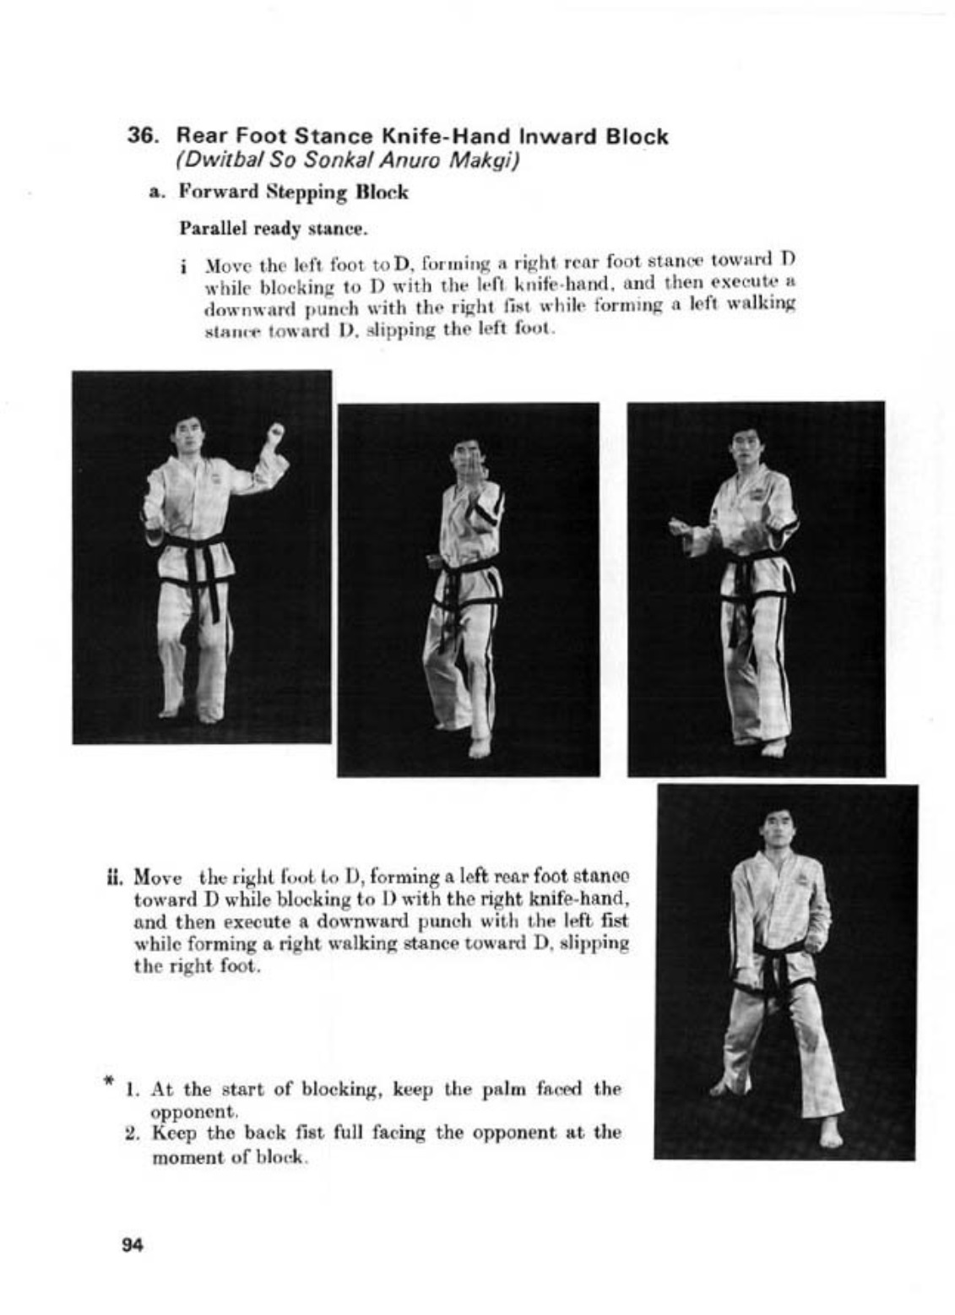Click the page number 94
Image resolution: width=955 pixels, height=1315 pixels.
[133, 1244]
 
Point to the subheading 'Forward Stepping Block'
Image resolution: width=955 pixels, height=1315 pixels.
[293, 193]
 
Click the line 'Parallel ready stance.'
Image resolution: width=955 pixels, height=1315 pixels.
[274, 229]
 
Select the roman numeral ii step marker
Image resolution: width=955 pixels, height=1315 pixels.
[117, 876]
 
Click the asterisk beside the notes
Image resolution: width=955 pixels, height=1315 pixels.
[108, 1081]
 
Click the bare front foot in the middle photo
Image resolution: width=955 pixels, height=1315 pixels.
[480, 747]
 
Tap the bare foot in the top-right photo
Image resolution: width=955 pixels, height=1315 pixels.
[773, 747]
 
